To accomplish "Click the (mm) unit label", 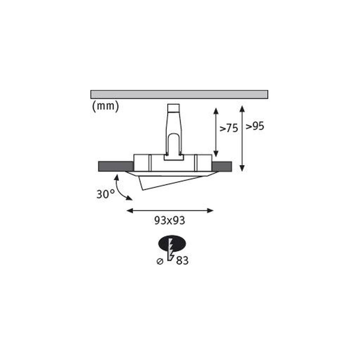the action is click(106, 106).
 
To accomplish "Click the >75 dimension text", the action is click(229, 128).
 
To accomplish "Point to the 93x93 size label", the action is click(169, 220).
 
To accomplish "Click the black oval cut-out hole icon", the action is click(172, 243).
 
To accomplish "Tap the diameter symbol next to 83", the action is click(160, 262).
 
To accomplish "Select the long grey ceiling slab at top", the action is click(179, 94).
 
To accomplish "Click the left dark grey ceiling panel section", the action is click(116, 166).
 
